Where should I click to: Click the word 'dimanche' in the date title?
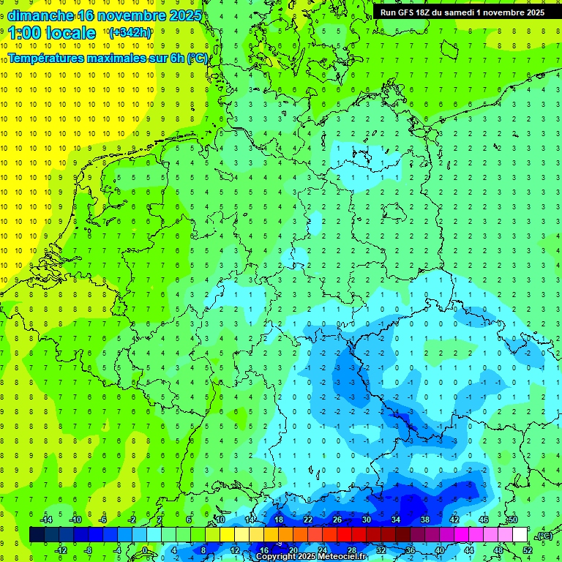click(38, 15)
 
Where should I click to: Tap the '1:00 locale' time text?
click(52, 33)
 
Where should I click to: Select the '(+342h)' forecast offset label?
click(130, 33)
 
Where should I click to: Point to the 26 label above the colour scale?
click(337, 520)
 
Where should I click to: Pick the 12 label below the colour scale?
click(236, 550)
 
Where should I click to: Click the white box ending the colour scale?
click(520, 535)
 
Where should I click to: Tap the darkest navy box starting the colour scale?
click(37, 535)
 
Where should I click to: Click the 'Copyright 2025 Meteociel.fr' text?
click(311, 557)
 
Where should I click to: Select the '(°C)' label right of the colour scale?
click(544, 536)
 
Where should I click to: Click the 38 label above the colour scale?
click(425, 520)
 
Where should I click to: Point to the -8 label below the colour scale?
click(89, 550)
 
